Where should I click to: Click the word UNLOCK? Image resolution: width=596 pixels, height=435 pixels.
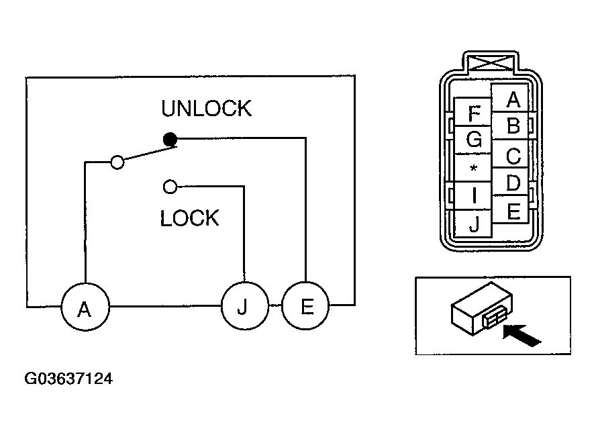pyautogui.click(x=207, y=108)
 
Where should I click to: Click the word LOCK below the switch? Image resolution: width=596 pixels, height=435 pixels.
pyautogui.click(x=190, y=218)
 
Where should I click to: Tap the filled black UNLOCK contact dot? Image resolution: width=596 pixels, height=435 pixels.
pyautogui.click(x=170, y=140)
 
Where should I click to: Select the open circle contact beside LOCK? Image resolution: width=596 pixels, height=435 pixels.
pyautogui.click(x=170, y=187)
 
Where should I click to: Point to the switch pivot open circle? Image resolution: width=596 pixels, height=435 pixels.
pyautogui.click(x=117, y=162)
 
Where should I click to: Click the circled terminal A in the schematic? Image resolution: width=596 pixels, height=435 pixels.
pyautogui.click(x=85, y=307)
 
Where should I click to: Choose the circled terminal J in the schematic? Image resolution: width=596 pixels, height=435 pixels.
pyautogui.click(x=244, y=305)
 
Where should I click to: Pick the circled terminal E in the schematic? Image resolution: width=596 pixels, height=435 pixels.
pyautogui.click(x=305, y=305)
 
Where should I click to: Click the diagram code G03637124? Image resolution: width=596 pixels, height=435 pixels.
pyautogui.click(x=68, y=379)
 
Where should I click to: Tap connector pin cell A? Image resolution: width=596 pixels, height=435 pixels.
pyautogui.click(x=509, y=98)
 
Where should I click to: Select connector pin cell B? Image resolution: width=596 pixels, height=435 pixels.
pyautogui.click(x=509, y=126)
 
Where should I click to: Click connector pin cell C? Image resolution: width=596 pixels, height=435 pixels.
pyautogui.click(x=509, y=154)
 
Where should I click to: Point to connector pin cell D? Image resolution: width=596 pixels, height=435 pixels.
pyautogui.click(x=509, y=182)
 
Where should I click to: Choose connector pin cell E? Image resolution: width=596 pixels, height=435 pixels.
pyautogui.click(x=509, y=209)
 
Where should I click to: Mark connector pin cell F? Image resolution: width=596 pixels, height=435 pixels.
pyautogui.click(x=473, y=112)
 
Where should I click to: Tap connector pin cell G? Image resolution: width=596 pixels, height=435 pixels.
pyautogui.click(x=473, y=140)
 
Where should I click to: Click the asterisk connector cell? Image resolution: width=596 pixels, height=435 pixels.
pyautogui.click(x=473, y=168)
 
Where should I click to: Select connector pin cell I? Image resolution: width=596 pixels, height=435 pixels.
pyautogui.click(x=473, y=195)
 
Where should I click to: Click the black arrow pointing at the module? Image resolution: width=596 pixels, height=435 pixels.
pyautogui.click(x=521, y=336)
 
